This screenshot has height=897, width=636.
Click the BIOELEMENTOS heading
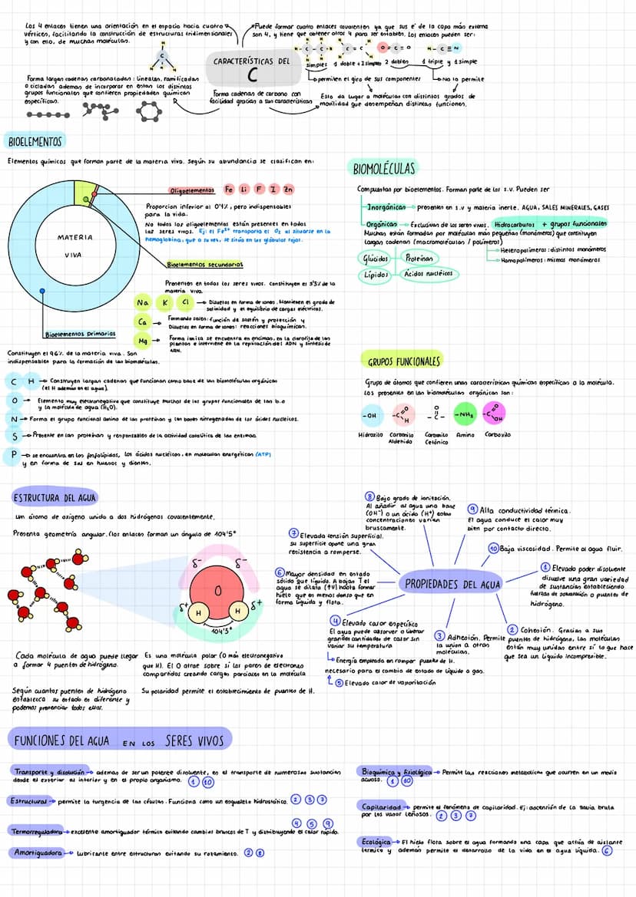point(35,141)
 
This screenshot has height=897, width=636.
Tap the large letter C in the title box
point(253,74)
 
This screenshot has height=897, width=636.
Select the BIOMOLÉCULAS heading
point(384,168)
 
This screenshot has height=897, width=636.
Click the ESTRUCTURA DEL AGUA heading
point(55,498)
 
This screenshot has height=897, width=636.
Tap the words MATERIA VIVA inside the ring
point(75,246)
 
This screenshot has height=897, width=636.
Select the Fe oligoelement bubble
point(229,189)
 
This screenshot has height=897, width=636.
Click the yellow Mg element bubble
point(143,340)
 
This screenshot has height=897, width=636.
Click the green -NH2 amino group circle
point(465,415)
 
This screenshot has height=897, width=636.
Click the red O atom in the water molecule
point(217,592)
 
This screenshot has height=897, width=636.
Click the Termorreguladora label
point(35,831)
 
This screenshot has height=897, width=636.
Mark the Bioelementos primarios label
point(80,335)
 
